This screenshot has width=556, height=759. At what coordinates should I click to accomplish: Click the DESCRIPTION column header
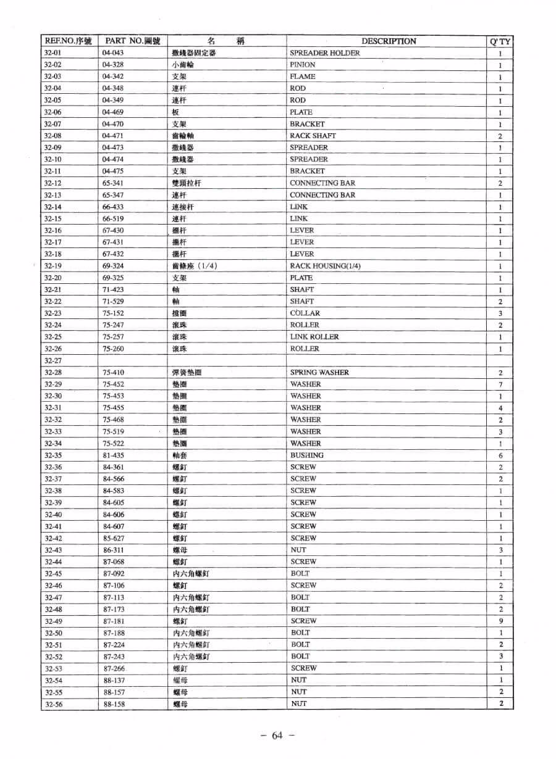(389, 41)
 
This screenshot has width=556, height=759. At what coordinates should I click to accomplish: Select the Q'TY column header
(500, 42)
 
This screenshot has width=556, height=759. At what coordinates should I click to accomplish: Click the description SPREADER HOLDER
(324, 53)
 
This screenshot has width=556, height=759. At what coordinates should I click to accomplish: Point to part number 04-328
(113, 65)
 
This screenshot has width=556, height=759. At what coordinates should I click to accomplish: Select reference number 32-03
(53, 77)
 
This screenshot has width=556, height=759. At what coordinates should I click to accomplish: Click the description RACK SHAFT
(313, 136)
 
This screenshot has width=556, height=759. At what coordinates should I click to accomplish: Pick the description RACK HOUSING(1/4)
(325, 266)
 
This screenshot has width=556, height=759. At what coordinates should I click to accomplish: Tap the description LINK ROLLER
(314, 337)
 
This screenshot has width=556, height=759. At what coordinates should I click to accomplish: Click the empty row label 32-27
(53, 360)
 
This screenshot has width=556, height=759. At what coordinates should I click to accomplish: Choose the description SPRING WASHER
(319, 373)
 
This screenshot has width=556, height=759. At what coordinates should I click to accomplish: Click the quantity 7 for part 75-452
(500, 384)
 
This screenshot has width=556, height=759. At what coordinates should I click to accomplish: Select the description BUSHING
(306, 455)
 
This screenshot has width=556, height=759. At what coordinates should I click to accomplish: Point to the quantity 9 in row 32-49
(500, 621)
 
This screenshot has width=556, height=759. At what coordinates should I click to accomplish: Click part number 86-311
(114, 550)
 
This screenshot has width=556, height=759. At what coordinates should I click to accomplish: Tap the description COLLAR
(305, 313)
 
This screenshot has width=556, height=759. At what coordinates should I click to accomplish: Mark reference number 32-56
(53, 704)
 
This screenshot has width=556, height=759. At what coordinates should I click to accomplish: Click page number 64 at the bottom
(276, 735)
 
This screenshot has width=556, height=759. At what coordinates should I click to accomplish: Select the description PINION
(302, 65)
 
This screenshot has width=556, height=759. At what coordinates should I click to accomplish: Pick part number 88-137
(114, 680)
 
